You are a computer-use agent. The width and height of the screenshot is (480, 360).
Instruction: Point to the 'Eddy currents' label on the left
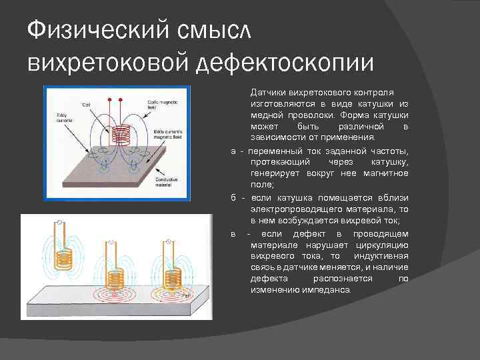tap(65, 118)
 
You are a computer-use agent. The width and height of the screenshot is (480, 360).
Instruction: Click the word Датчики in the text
tap(265, 91)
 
